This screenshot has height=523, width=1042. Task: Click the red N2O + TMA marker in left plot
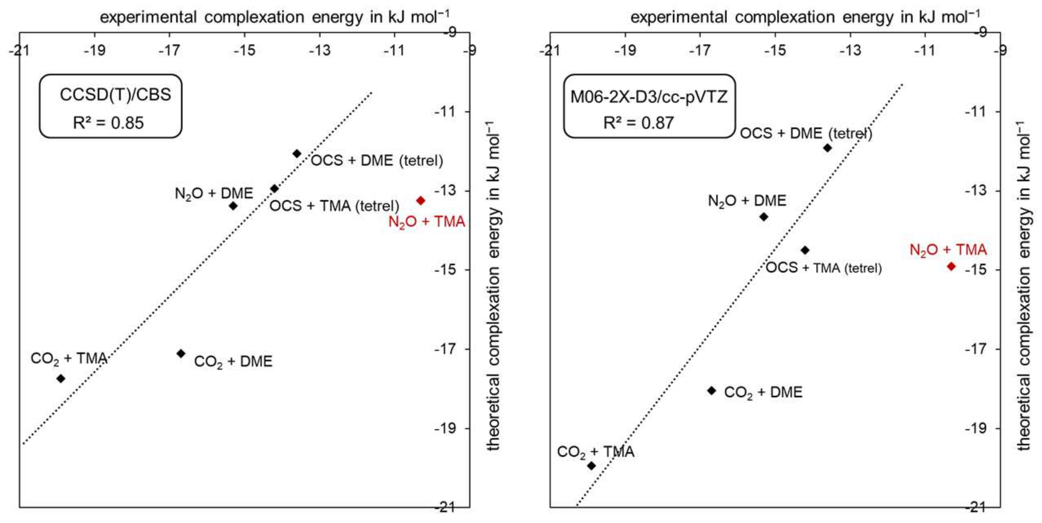[x=421, y=201]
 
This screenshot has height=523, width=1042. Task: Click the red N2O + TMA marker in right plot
[x=951, y=266]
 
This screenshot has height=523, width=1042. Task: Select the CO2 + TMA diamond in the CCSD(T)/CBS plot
[x=61, y=379]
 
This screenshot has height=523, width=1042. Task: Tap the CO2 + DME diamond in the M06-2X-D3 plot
[x=711, y=391]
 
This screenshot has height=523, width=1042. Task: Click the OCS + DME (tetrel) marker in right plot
[x=828, y=148]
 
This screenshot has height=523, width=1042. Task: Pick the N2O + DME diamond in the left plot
[x=233, y=206]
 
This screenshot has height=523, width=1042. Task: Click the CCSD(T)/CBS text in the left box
[x=115, y=94]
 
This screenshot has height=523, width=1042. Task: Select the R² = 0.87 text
[x=638, y=123]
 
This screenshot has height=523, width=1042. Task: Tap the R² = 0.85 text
[x=108, y=123]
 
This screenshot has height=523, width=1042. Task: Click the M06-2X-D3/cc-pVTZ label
[x=649, y=97]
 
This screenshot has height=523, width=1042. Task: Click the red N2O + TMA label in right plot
[x=948, y=250]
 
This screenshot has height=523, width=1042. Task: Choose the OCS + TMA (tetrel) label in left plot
[x=334, y=206]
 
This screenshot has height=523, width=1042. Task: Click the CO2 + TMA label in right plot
[x=595, y=452]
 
